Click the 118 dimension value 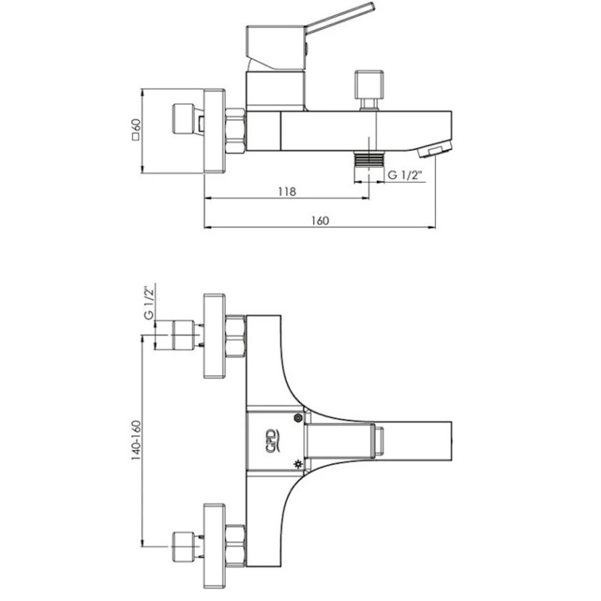(286, 192)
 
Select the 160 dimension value (320, 220)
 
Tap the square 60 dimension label (136, 131)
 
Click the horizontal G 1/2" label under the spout (406, 176)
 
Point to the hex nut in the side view (236, 131)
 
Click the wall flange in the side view (214, 131)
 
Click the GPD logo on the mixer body (271, 440)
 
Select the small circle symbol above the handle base (299, 418)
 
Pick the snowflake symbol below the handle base (299, 464)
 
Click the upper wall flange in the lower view (214, 336)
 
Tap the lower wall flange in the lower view (214, 545)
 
